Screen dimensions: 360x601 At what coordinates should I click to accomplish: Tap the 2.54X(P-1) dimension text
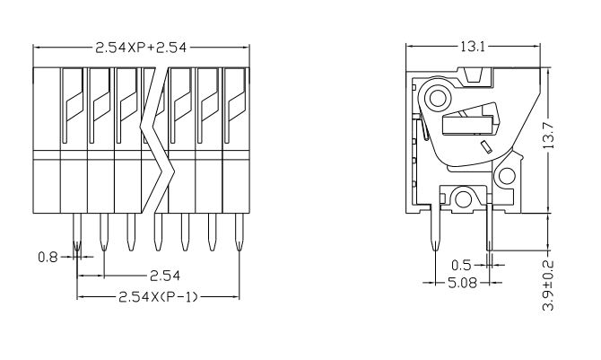click(x=157, y=295)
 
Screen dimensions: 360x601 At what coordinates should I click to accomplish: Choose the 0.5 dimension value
click(x=460, y=265)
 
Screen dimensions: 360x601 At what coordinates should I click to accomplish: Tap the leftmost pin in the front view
click(x=77, y=233)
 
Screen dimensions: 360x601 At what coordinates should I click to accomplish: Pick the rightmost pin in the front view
click(x=239, y=233)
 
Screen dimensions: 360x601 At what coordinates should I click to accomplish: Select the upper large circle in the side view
click(x=439, y=96)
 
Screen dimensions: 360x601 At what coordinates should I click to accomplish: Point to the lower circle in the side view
click(x=463, y=198)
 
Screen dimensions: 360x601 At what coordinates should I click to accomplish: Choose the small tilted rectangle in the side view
click(x=484, y=145)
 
